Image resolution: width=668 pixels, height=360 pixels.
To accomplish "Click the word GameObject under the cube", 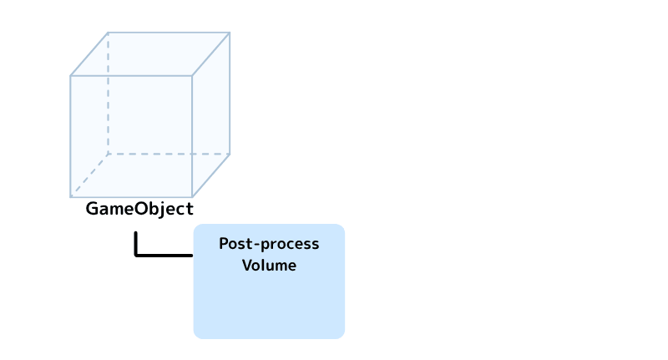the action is pos(139,209).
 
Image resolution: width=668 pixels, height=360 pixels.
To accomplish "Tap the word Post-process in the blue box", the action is pos(269,244).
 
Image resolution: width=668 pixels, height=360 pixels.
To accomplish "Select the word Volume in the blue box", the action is pos(269,265).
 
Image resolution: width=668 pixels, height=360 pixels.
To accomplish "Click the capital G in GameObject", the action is pos(92,208).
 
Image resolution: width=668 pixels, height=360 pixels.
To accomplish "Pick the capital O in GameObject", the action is pos(141,208).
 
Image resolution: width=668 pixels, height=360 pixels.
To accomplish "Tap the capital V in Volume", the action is pos(247,265).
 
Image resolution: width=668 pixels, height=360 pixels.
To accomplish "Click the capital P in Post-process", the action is pos(224,244).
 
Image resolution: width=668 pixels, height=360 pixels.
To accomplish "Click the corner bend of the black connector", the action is pos(136,256).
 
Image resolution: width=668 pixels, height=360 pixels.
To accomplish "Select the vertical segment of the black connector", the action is pos(136,243).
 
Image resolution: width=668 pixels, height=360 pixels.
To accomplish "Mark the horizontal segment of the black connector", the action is pos(164,256).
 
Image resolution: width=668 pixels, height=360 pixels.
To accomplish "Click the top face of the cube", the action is pos(150,54).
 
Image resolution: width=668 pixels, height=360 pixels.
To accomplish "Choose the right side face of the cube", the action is pos(211,114).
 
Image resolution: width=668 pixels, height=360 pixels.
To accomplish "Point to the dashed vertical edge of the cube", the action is pos(109,94).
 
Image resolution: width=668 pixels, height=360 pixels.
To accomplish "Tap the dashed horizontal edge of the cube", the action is pos(170,154).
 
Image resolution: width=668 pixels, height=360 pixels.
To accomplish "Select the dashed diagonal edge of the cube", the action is pos(89,175).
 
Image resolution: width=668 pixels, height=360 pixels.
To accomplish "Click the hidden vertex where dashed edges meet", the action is pos(109,154).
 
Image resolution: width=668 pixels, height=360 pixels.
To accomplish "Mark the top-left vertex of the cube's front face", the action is pos(71,76).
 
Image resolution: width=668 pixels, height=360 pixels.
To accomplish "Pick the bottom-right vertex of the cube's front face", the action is pos(192,197).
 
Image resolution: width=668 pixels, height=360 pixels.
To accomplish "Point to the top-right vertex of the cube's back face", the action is pos(230,33).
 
